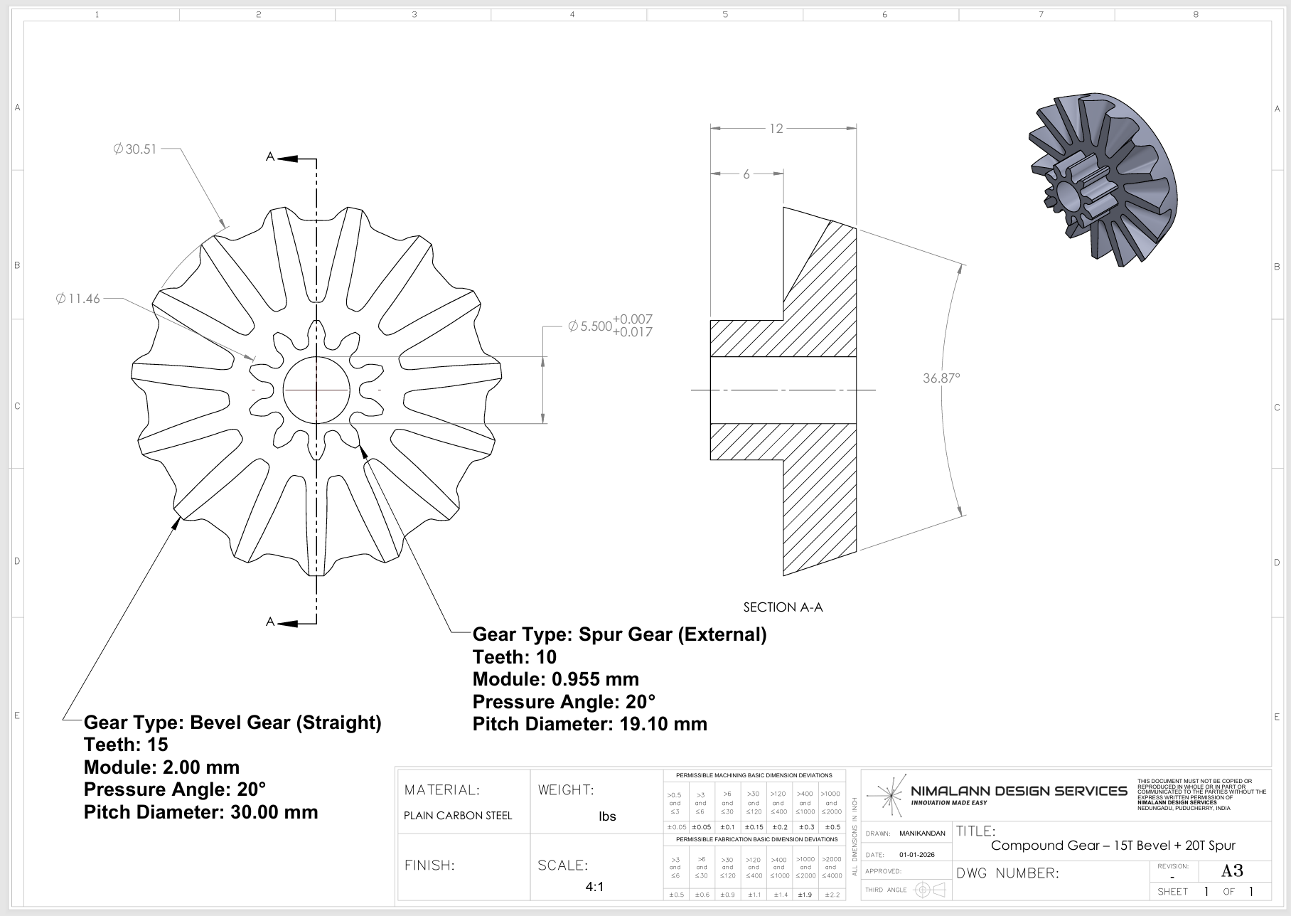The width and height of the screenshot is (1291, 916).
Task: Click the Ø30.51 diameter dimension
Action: pos(135,149)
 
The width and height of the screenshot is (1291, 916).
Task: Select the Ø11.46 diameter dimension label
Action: pos(78,299)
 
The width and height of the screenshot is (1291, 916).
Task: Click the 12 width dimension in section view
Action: pos(776,129)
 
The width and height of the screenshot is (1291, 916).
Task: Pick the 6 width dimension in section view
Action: pos(746,174)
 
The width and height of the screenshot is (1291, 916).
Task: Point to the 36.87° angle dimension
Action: pos(941,378)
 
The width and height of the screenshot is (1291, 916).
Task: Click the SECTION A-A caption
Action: pos(783,607)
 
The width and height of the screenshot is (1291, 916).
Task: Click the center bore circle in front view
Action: pos(316,390)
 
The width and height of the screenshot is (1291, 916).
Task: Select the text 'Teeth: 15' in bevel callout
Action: pos(126,745)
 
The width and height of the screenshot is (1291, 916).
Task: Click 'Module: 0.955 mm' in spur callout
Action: pos(555,679)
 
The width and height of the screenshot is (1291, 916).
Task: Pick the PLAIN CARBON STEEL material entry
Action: pos(458,816)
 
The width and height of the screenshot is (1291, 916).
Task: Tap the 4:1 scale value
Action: pos(594,887)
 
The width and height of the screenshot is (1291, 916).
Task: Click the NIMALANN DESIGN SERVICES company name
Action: pos(1019,791)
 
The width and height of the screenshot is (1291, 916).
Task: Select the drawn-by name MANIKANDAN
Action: pos(922,834)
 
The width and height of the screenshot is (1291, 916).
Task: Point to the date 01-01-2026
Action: pos(916,855)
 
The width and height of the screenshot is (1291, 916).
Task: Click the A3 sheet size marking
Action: pos(1232,871)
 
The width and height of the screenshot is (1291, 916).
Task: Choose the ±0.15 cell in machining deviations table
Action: pos(753,827)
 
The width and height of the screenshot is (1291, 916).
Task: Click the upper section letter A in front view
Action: pos(270,156)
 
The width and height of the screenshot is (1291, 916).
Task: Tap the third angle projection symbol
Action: pos(930,890)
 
